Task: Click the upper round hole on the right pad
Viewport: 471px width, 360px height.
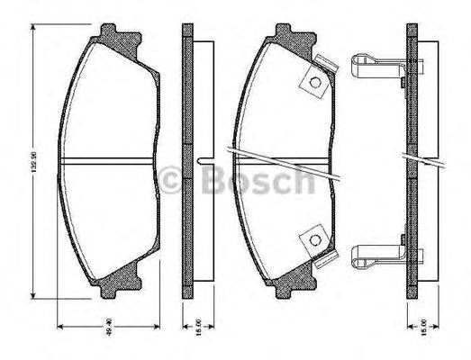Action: tap(316, 85)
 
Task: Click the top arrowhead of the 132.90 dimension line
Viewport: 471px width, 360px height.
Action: tap(33, 30)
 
